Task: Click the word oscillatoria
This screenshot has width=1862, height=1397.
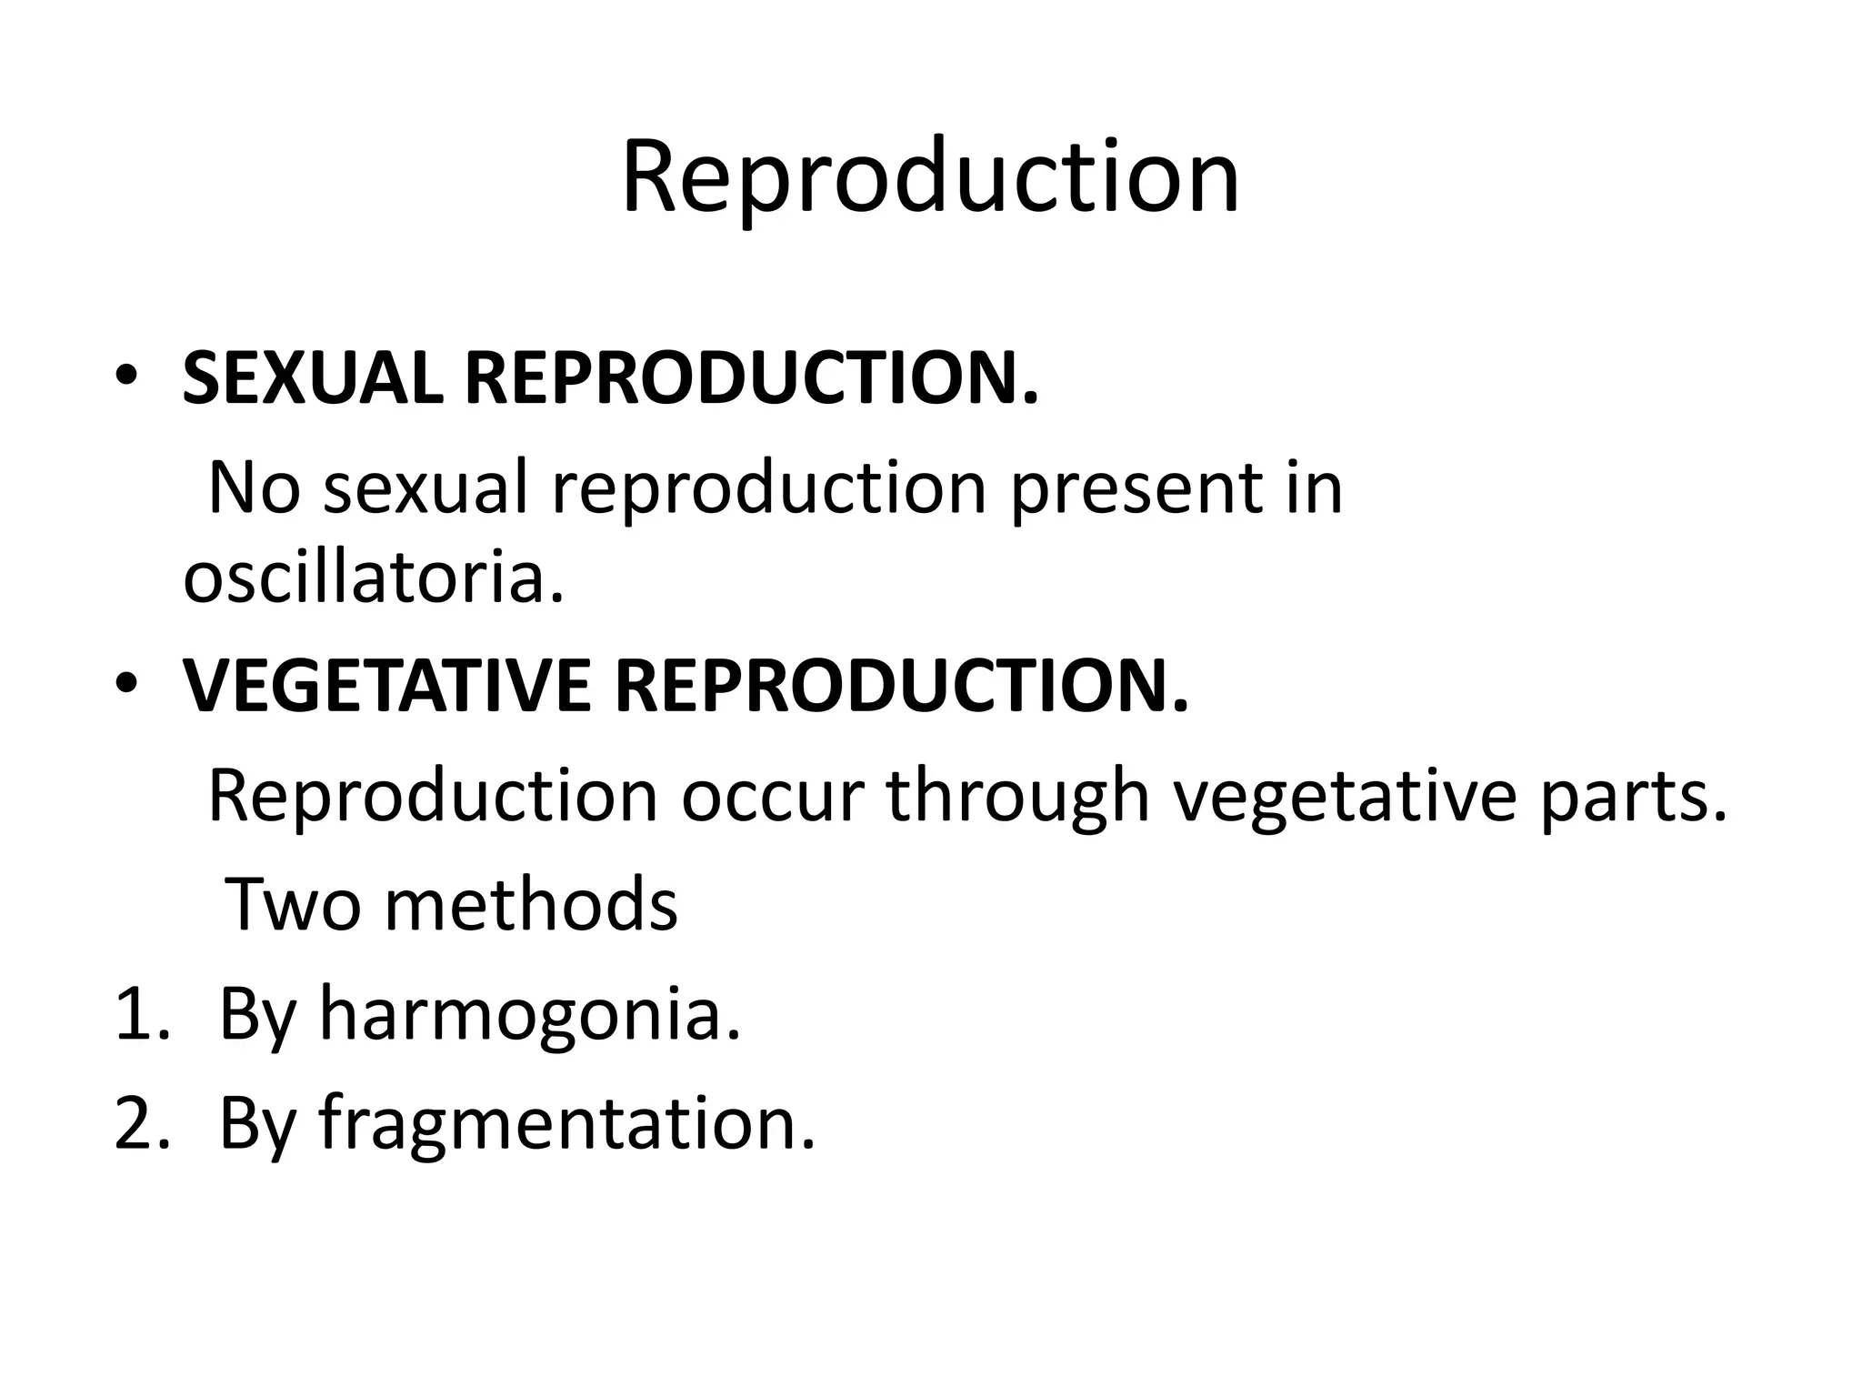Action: [x=373, y=578]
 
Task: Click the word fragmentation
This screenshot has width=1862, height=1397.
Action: [x=566, y=1123]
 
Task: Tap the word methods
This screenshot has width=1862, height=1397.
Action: [x=531, y=905]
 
